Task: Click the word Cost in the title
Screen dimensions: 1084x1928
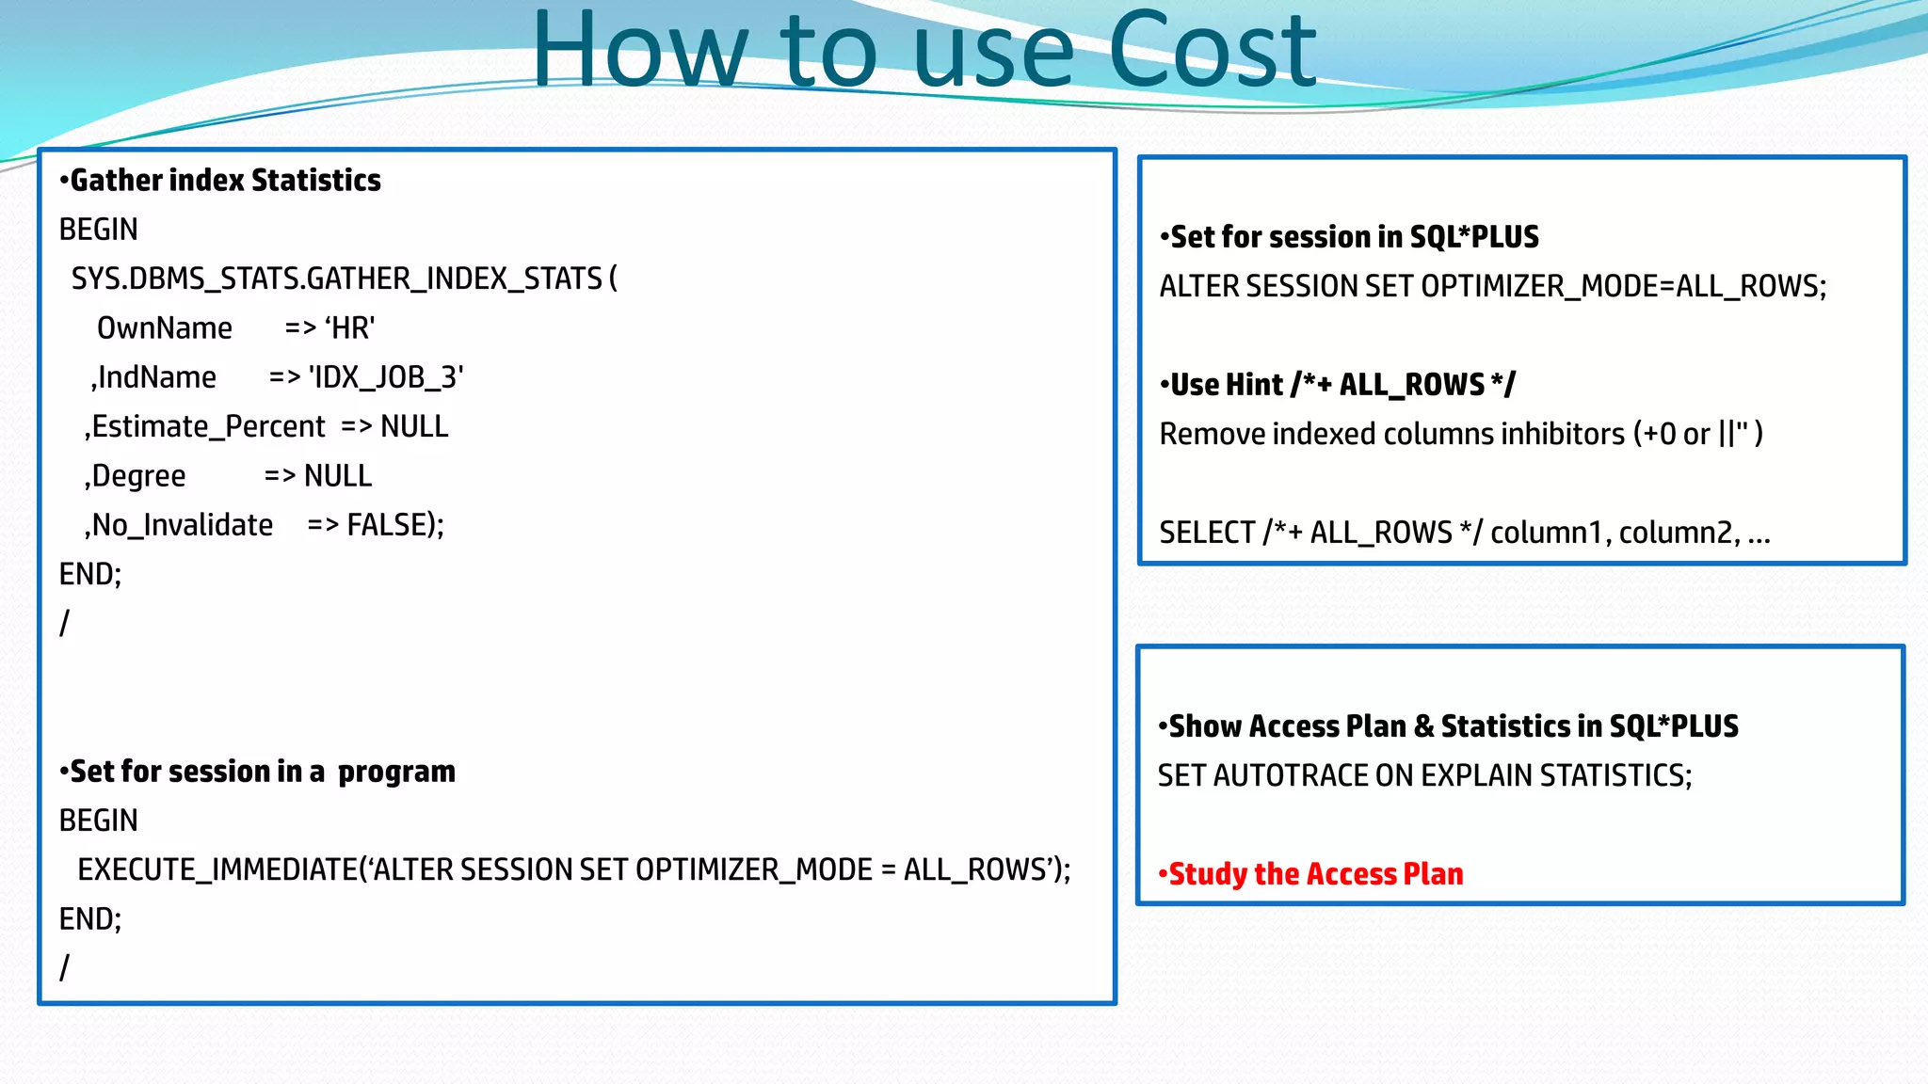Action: tap(1212, 52)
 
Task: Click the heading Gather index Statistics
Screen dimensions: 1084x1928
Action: tap(225, 180)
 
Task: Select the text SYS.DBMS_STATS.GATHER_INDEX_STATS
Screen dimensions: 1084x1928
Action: tap(336, 279)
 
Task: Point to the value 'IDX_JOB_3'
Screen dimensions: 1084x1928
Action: tap(386, 377)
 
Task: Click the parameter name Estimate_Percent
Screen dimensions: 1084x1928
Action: tap(208, 427)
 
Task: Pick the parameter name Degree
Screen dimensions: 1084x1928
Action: tap(138, 476)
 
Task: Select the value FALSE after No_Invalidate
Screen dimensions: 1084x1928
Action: tap(389, 525)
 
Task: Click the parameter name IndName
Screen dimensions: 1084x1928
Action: tap(156, 377)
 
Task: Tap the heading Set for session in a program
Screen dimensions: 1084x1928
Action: tap(262, 772)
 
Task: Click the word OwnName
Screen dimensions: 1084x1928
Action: tap(165, 328)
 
